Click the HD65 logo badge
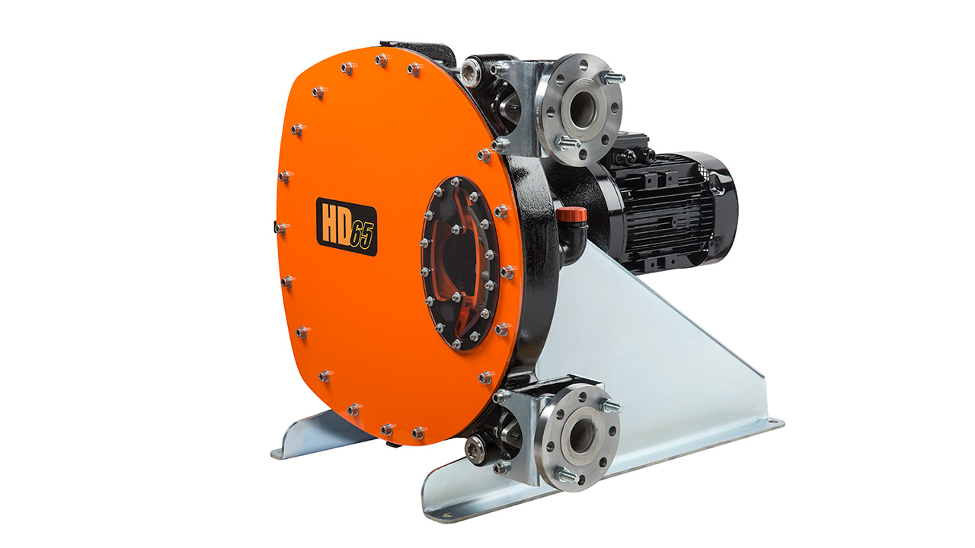point(347,227)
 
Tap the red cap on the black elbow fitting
point(571,215)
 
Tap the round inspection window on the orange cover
point(462,263)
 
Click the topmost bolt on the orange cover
point(382,60)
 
